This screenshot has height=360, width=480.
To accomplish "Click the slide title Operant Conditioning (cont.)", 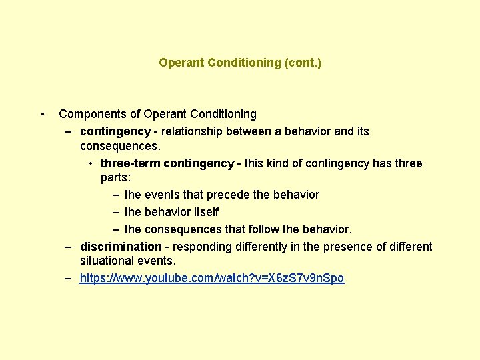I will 240,63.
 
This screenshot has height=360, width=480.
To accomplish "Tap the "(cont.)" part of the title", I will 303,63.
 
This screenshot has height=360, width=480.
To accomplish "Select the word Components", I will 89,114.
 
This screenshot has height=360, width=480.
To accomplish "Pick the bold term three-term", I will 130,163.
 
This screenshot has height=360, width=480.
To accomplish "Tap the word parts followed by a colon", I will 116,178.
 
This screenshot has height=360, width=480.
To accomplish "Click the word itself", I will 205,212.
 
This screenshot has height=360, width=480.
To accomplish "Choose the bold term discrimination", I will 121,247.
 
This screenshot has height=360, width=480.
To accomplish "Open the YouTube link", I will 212,278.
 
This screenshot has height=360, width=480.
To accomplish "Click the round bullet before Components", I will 43,114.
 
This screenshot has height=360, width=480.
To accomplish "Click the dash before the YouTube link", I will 69,278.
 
